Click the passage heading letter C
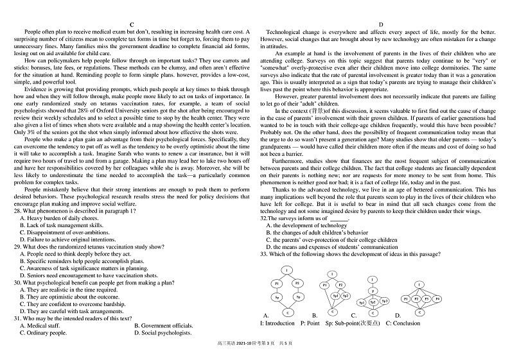[x=132, y=24]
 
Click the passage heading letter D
[x=380, y=24]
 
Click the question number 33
[x=263, y=254]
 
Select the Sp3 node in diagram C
[x=385, y=301]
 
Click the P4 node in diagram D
[x=437, y=298]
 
